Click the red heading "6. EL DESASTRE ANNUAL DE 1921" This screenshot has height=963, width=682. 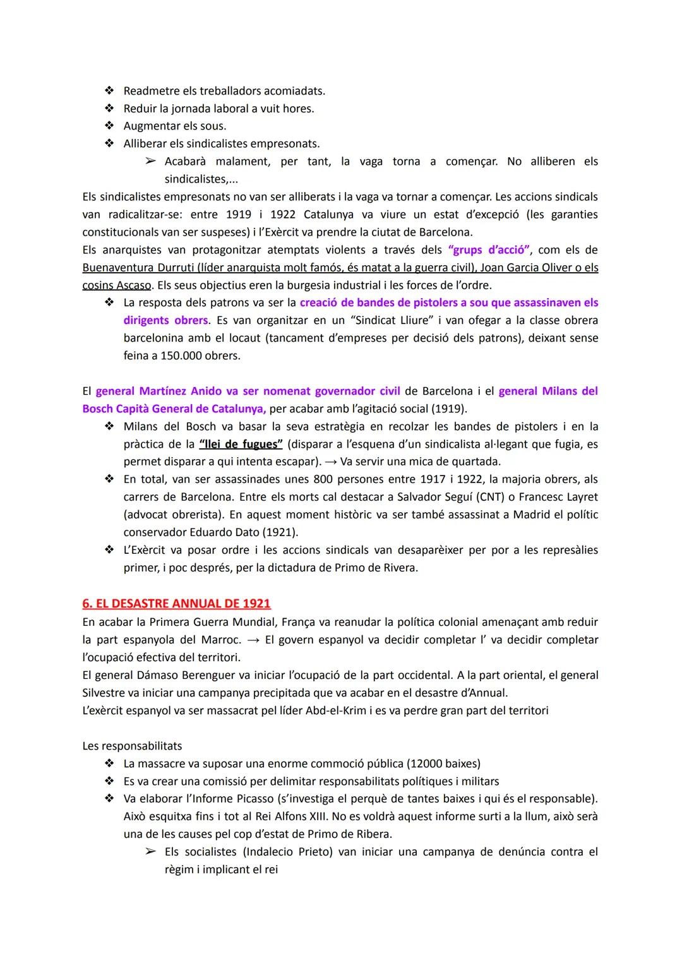tap(176, 603)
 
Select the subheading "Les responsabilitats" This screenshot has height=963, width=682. tap(132, 746)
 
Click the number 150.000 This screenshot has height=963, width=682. tap(184, 356)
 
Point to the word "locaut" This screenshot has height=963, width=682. tap(242, 338)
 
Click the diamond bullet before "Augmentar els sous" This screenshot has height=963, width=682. tap(109, 126)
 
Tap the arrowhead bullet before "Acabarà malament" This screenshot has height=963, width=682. tap(150, 161)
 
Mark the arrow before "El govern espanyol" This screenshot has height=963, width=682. tap(253, 640)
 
